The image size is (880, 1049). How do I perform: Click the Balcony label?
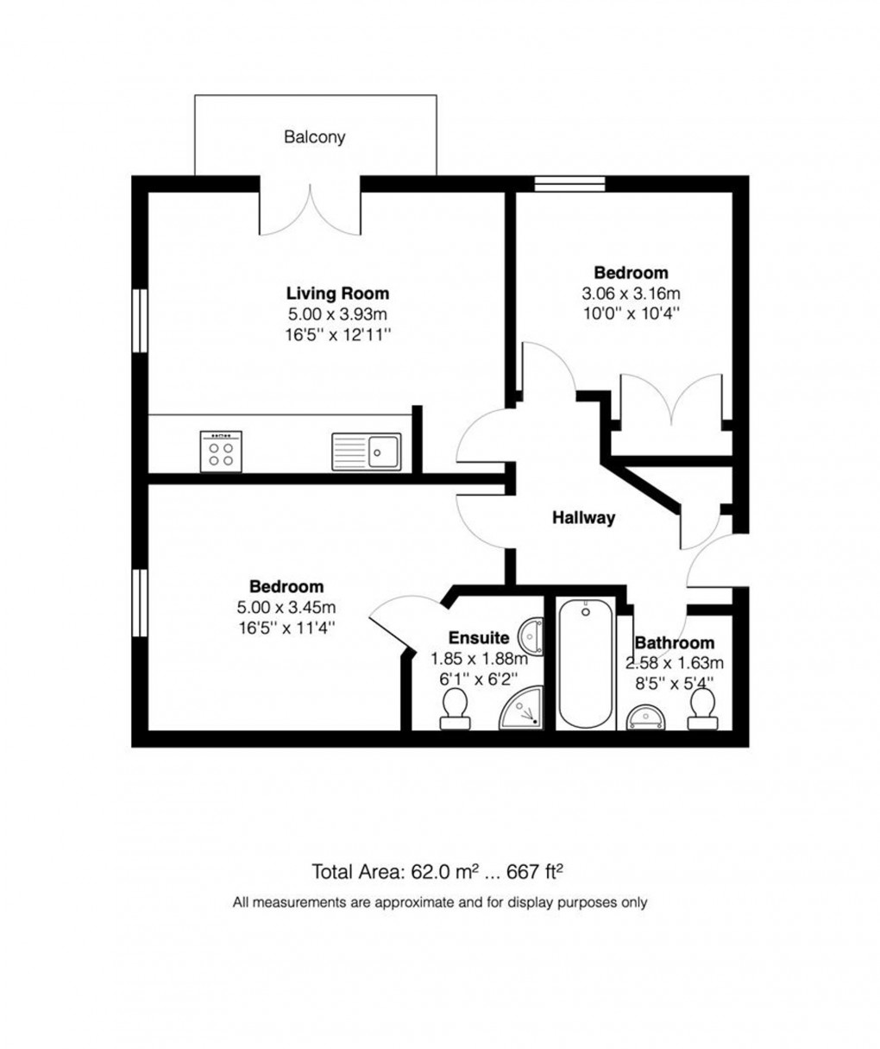point(315,136)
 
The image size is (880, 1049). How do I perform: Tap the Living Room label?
point(337,294)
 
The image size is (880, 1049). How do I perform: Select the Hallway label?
point(584,518)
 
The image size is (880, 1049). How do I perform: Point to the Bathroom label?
point(674,642)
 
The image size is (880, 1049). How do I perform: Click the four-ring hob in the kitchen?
point(220,452)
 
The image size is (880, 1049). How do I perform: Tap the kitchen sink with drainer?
point(367,451)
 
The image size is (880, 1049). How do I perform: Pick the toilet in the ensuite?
point(454,710)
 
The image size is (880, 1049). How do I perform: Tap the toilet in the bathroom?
point(703,709)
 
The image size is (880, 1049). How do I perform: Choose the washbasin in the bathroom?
point(643,716)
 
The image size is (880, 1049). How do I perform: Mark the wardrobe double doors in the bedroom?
point(671,401)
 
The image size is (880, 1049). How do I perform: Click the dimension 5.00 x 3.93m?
point(337,313)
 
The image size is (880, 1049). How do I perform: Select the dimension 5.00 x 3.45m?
point(287,607)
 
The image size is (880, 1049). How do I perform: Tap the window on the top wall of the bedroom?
point(569,183)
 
